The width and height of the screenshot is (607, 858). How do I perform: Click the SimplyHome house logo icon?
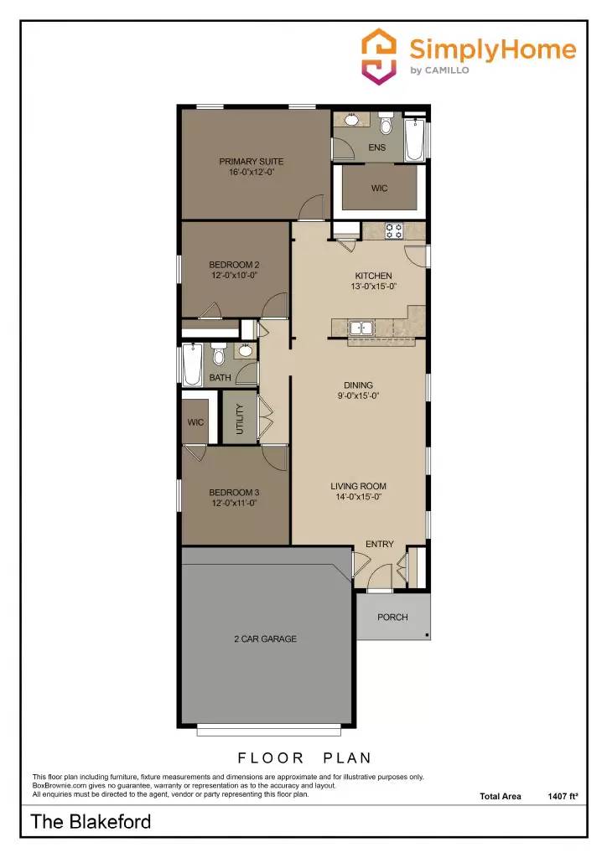coord(380,56)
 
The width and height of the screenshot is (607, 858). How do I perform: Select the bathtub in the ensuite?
coord(414,140)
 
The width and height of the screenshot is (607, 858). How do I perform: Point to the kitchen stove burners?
coord(393,230)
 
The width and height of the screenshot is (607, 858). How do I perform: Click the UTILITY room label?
coord(240,419)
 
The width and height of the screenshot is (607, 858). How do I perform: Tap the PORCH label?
coord(392,618)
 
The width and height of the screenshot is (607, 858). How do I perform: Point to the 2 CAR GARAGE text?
coord(265,639)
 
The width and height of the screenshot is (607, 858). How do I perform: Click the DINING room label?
coord(359,386)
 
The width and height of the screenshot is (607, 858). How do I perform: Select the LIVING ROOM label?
coord(358,486)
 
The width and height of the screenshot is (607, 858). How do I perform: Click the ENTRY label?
coord(380,545)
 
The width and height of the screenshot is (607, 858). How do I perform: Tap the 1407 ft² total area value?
coord(563,796)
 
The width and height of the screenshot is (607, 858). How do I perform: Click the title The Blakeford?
coord(91,822)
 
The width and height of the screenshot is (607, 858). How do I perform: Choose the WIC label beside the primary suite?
coord(380,189)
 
